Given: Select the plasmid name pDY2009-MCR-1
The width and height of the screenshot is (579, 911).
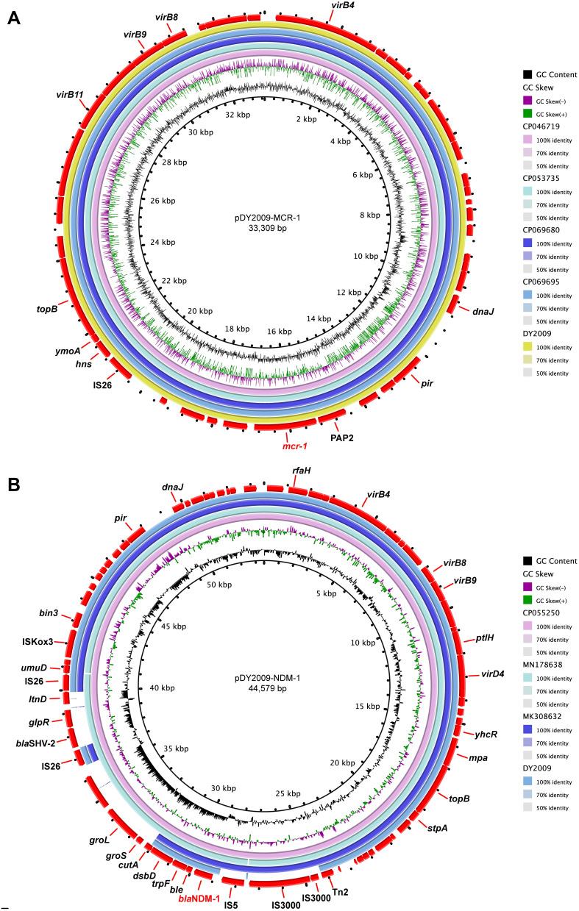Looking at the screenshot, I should (x=263, y=217).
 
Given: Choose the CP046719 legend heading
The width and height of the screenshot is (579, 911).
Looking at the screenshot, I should (x=541, y=126).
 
